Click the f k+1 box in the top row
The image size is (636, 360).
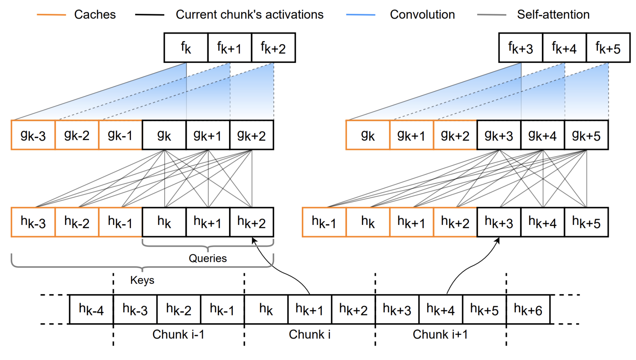click(x=230, y=48)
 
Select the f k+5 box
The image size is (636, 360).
click(x=608, y=48)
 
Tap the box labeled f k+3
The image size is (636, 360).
click(x=521, y=48)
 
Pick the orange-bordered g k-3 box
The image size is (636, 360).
click(x=33, y=135)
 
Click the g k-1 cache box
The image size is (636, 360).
click(x=120, y=135)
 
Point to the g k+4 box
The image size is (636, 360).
click(x=543, y=135)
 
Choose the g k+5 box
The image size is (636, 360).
click(x=587, y=135)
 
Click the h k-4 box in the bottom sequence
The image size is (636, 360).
click(x=91, y=309)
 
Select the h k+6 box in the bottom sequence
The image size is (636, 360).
click(x=528, y=309)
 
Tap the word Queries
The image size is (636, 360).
click(x=208, y=258)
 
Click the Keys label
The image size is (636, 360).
click(x=142, y=280)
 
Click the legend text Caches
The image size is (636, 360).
click(x=95, y=14)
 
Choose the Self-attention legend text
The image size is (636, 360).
click(x=553, y=14)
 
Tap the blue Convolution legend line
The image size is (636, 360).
click(x=361, y=15)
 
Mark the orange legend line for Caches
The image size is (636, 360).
click(x=51, y=15)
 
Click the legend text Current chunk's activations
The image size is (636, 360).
click(x=250, y=14)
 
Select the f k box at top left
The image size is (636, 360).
click(x=186, y=48)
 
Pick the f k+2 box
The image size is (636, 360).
click(x=273, y=48)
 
